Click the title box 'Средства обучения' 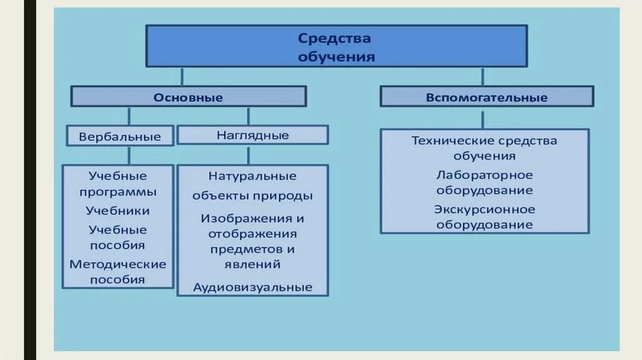[x=336, y=46]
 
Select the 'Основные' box [x=188, y=97]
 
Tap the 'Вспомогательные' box [x=487, y=97]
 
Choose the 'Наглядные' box [x=253, y=135]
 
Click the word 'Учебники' [x=118, y=211]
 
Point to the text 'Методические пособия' [x=118, y=272]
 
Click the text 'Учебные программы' [x=118, y=183]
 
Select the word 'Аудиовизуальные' [x=253, y=287]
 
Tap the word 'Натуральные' [x=253, y=176]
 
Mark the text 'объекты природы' [x=253, y=196]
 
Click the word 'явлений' [x=253, y=264]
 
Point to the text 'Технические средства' [x=484, y=140]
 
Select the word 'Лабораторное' [x=484, y=175]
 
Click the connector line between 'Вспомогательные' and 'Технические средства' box [x=482, y=119]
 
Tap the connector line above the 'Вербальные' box [x=129, y=116]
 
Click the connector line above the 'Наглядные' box [x=248, y=116]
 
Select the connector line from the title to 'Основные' [x=182, y=77]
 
